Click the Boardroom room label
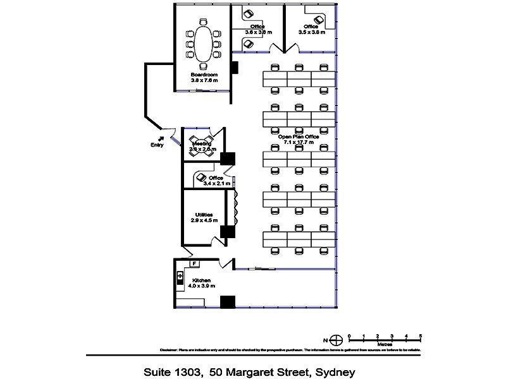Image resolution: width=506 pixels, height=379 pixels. pos(204,75)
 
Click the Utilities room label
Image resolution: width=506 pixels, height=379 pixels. pos(204,214)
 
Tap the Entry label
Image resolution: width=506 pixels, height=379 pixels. pos(157,145)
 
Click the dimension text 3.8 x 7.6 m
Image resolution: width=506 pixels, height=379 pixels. pos(204,81)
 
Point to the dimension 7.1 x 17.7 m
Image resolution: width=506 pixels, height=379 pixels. pos(299,142)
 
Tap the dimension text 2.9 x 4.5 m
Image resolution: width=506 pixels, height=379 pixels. pos(204,220)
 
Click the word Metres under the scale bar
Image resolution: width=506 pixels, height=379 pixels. pos(385,345)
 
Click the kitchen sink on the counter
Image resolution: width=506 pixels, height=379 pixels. pos(180,277)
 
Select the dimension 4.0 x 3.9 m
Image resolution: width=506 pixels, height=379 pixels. pos(202,286)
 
